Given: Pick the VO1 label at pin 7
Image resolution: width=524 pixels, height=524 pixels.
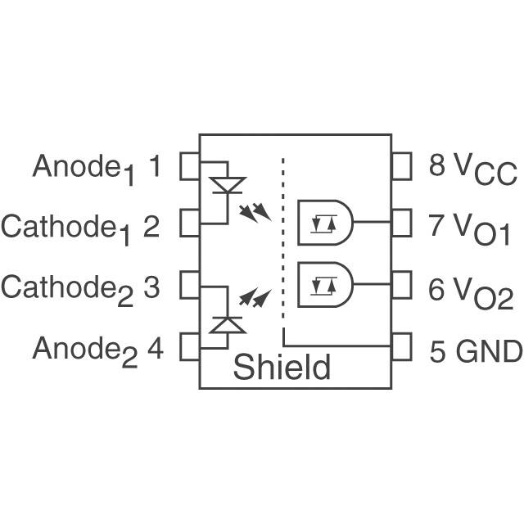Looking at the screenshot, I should point(482,229).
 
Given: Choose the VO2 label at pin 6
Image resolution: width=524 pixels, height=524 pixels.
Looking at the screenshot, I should point(484,291).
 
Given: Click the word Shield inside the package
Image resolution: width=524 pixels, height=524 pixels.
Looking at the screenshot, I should point(282,368).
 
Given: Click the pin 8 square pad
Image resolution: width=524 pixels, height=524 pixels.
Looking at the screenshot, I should point(401,166).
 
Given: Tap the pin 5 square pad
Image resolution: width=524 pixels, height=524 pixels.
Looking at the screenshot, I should point(401,346).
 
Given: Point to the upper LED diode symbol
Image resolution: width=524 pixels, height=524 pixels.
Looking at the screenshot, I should point(227,184).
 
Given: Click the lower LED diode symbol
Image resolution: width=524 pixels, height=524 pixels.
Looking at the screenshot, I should point(227,324).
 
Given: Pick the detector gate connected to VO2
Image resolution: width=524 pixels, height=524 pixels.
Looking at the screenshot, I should point(325,284).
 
